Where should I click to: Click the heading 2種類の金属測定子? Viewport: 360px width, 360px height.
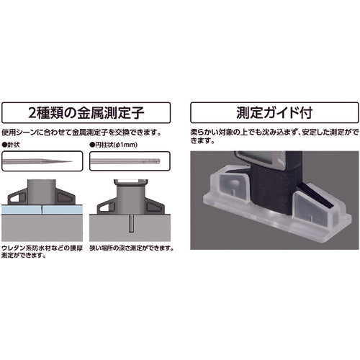86,112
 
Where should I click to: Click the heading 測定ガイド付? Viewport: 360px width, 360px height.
274,112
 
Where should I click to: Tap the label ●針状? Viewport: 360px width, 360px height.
11,145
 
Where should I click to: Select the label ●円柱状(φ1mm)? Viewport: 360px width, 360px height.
113,145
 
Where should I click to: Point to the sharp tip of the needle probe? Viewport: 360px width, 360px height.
72,161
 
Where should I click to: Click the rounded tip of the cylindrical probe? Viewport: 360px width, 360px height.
158,161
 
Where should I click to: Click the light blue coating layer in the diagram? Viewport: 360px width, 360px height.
42,210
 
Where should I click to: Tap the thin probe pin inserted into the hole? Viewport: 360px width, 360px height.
131,223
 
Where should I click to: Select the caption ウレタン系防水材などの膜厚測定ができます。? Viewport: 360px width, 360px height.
42,251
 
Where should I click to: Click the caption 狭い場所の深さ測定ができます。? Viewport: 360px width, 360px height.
132,248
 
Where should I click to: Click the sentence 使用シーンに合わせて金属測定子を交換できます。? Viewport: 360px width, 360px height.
81,132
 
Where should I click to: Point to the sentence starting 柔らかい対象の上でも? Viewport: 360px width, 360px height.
274,136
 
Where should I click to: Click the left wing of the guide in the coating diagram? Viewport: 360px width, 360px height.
17,197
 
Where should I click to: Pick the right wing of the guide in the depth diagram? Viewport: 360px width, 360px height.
156,206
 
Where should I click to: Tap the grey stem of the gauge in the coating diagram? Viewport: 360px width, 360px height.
42,192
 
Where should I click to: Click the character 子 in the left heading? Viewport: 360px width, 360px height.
137,113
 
